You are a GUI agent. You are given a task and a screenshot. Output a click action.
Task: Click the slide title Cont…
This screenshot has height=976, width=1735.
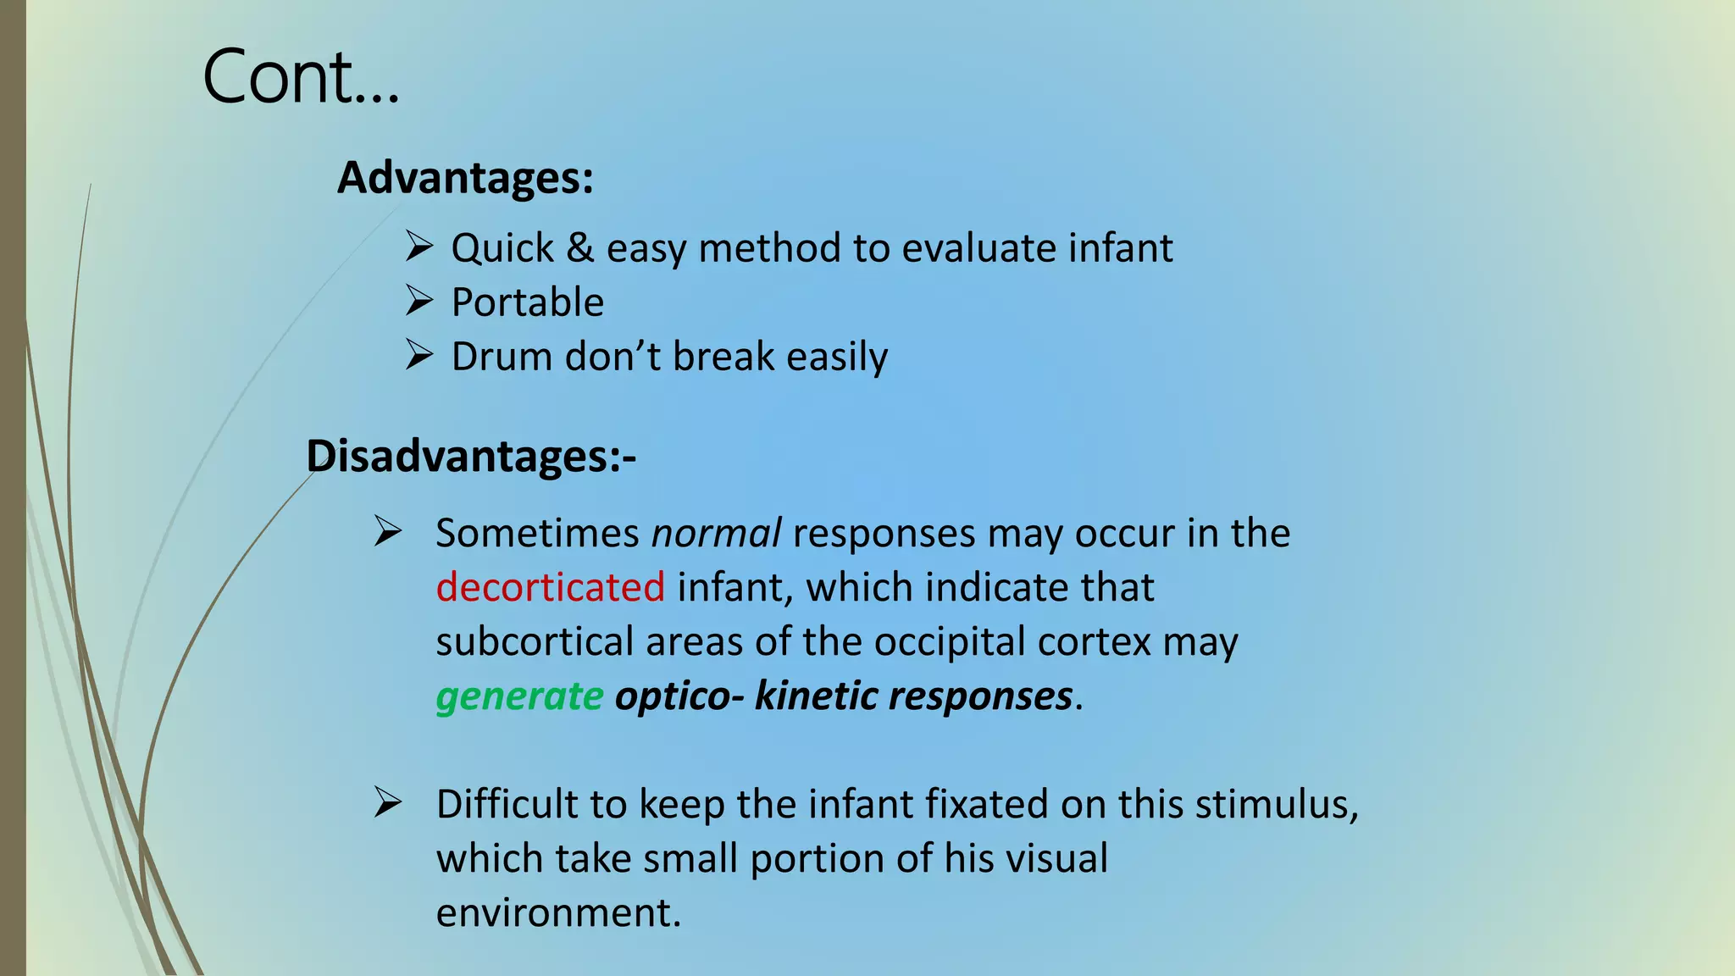pyautogui.click(x=300, y=78)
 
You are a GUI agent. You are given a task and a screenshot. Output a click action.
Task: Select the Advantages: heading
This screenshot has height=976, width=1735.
pyautogui.click(x=465, y=178)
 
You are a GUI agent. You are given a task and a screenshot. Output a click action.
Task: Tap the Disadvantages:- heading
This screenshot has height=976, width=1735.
pyautogui.click(x=470, y=457)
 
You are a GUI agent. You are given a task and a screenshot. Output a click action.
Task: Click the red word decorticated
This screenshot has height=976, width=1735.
pyautogui.click(x=551, y=587)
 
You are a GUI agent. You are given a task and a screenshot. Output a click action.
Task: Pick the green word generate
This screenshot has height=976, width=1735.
pyautogui.click(x=519, y=696)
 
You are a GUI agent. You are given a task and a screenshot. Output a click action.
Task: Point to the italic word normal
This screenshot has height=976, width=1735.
pyautogui.click(x=716, y=534)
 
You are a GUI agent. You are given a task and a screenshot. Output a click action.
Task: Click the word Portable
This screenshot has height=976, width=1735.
pyautogui.click(x=528, y=302)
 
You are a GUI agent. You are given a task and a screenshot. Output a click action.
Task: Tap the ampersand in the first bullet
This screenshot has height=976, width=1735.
pyautogui.click(x=580, y=248)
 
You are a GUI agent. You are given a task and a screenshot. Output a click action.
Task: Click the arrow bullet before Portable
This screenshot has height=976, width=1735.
pyautogui.click(x=419, y=301)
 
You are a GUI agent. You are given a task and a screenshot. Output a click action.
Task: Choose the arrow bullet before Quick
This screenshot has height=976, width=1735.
pyautogui.click(x=419, y=247)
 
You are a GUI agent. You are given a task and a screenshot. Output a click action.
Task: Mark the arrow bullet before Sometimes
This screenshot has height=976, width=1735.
pyautogui.click(x=388, y=532)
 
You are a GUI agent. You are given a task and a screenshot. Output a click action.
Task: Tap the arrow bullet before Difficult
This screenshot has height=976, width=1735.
pyautogui.click(x=388, y=803)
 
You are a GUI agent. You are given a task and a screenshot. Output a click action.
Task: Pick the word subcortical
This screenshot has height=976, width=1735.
pyautogui.click(x=535, y=641)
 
